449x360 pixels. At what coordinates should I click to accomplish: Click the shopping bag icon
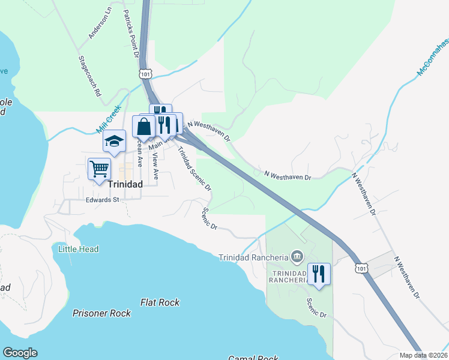click(x=144, y=127)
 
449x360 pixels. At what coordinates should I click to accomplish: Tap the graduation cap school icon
click(x=114, y=142)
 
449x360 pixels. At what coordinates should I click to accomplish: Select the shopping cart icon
click(x=99, y=168)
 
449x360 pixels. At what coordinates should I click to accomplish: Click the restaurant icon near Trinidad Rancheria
click(x=319, y=274)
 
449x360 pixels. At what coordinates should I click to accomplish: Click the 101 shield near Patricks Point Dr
click(x=145, y=74)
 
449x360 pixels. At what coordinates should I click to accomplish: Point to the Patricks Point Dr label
click(x=131, y=33)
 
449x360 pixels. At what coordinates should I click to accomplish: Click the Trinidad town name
click(x=125, y=185)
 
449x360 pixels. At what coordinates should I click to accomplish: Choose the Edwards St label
click(x=103, y=200)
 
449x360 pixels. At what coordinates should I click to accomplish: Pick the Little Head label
click(x=79, y=249)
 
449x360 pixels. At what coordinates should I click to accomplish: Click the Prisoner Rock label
click(x=101, y=313)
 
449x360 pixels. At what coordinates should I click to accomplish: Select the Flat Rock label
click(x=160, y=303)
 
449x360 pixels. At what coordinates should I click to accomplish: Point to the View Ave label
click(x=155, y=166)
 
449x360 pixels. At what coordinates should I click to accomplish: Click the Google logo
click(x=20, y=353)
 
